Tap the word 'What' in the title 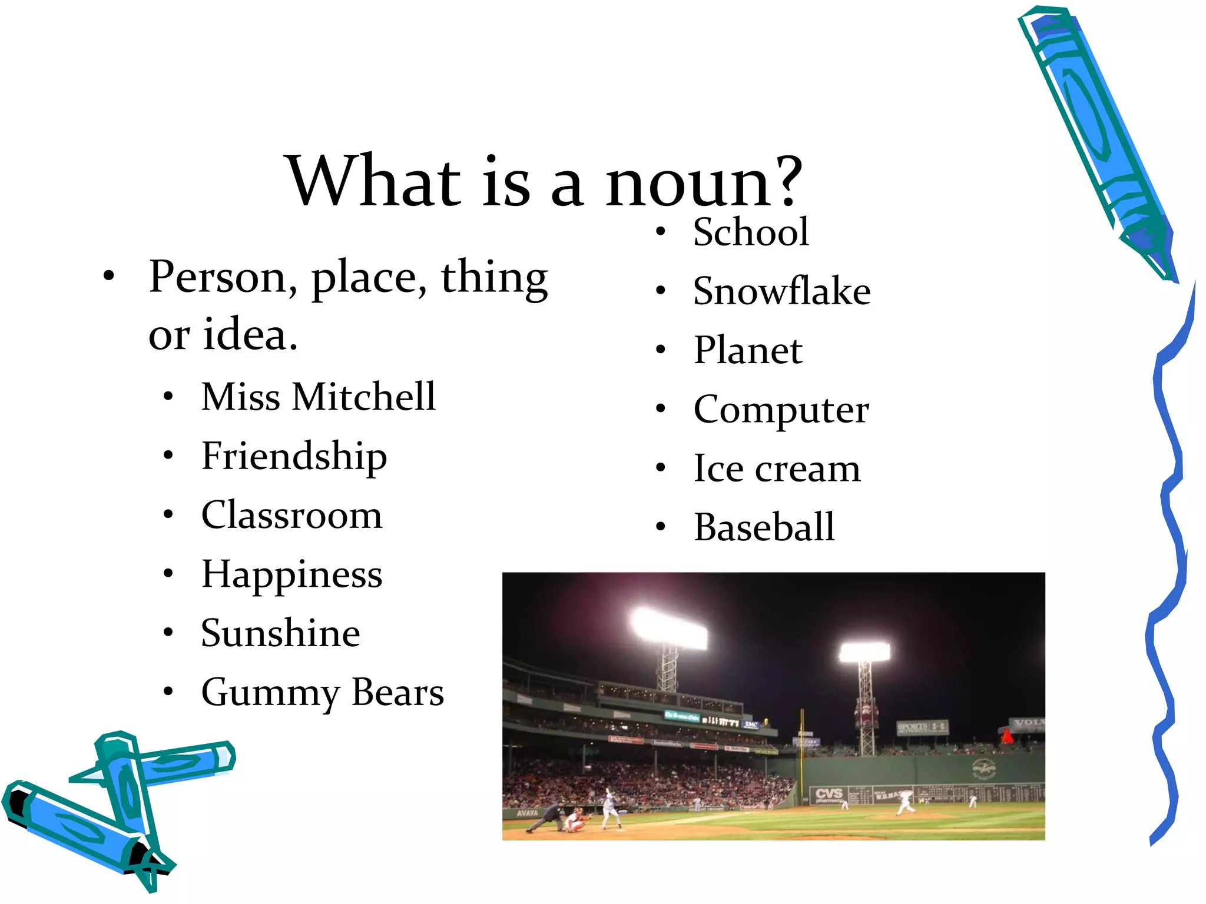tap(373, 181)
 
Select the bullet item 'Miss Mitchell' tap(318, 397)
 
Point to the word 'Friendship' tap(294, 457)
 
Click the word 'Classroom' tap(291, 516)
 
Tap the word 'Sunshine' tap(280, 634)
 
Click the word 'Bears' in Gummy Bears tap(397, 693)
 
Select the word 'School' tap(751, 232)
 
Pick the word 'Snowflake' tap(781, 291)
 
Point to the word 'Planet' tap(748, 351)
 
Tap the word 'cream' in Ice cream tap(807, 470)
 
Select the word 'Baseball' tap(764, 527)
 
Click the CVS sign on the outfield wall tap(829, 795)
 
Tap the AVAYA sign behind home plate tap(527, 813)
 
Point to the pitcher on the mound tap(904, 802)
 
